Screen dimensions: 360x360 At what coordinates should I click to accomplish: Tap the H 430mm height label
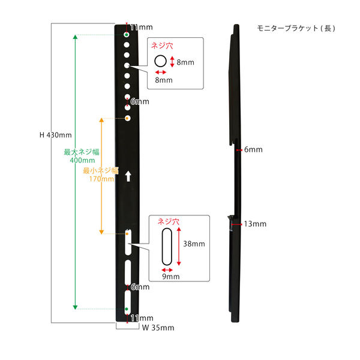[56, 135]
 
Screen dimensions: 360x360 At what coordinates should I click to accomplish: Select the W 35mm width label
[158, 328]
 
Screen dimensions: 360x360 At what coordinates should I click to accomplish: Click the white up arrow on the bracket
[127, 176]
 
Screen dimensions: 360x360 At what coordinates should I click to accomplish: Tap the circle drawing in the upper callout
[161, 61]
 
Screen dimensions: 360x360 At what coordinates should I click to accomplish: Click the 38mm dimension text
[194, 244]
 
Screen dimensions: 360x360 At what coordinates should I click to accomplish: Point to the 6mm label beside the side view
[254, 149]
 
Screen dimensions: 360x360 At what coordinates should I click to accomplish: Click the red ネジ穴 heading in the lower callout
[168, 221]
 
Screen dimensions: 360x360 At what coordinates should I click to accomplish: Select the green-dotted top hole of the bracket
[127, 35]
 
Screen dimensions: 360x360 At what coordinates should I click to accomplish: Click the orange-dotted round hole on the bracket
[128, 118]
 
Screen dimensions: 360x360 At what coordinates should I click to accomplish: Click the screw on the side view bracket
[230, 223]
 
